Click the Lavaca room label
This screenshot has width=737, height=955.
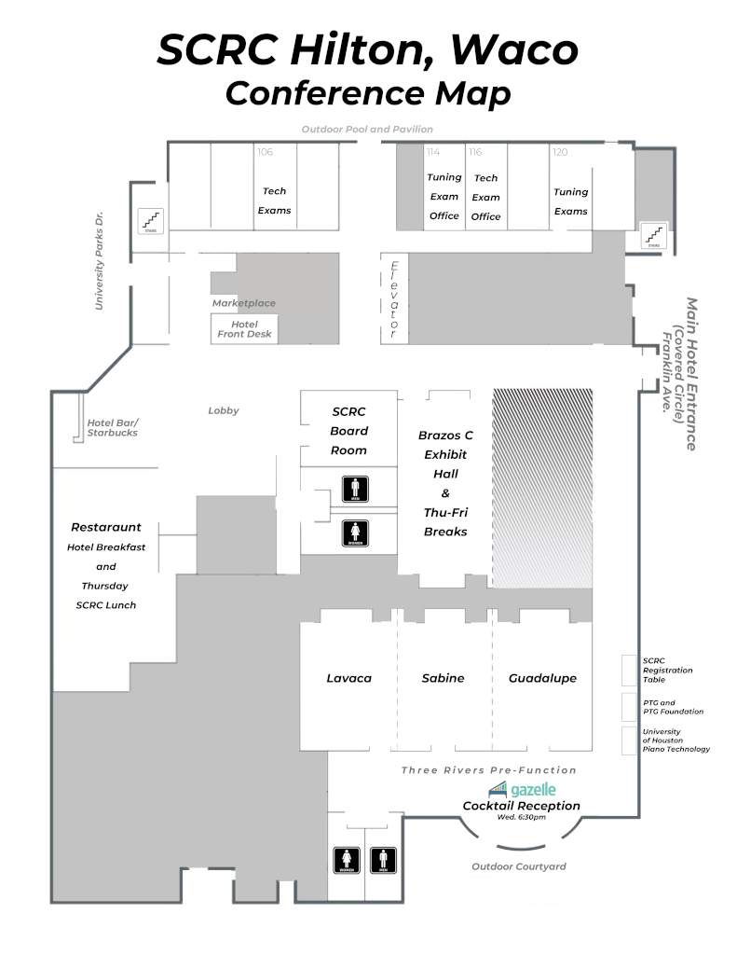click(348, 678)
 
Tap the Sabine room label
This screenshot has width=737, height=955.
click(443, 678)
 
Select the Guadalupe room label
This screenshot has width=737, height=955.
click(542, 678)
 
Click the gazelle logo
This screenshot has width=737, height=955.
click(522, 790)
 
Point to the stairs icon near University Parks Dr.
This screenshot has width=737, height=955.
click(151, 220)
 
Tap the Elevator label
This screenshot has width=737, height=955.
click(393, 298)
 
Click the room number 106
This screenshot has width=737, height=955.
click(265, 151)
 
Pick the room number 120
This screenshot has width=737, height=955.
click(560, 151)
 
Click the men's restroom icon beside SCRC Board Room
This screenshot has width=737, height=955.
click(356, 488)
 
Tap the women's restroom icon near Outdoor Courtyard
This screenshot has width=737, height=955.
click(348, 860)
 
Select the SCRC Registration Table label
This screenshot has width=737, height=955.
click(667, 670)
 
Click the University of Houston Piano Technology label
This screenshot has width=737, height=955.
click(676, 740)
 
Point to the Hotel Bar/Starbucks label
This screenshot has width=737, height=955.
click(113, 427)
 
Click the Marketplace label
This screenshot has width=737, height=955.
click(243, 303)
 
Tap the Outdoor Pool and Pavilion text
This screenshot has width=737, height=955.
click(367, 129)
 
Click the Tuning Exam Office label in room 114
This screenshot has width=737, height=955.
click(444, 197)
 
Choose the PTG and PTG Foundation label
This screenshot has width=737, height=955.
click(673, 706)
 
